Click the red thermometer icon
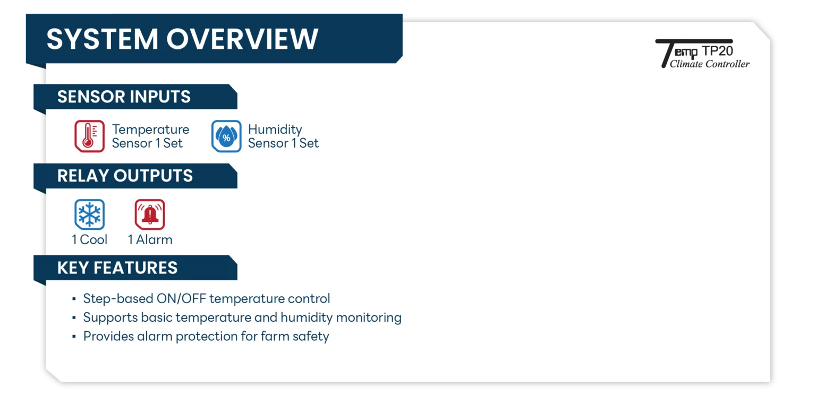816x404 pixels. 89,136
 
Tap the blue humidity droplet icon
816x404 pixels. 226,136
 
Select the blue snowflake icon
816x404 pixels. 89,214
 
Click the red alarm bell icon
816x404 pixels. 150,214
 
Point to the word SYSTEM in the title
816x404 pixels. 103,39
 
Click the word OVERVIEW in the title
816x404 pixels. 242,39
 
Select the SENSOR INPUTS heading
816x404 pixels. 124,97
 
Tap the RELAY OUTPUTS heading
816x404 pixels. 125,176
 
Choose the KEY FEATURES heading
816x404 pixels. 117,268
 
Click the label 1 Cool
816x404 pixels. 89,240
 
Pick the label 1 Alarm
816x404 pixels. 150,240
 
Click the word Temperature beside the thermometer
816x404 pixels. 150,129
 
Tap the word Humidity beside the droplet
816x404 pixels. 275,130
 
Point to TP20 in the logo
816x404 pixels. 717,51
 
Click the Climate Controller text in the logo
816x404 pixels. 710,64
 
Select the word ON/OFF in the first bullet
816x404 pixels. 181,298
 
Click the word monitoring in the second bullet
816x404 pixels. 369,318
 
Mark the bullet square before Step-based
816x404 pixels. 74,299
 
